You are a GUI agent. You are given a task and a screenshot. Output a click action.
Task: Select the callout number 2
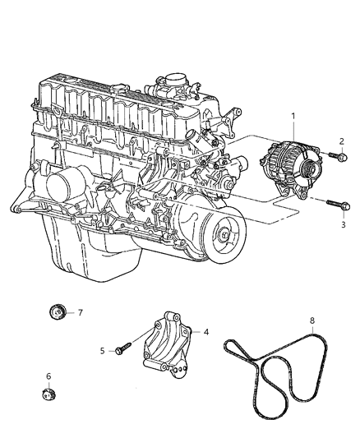click(x=340, y=141)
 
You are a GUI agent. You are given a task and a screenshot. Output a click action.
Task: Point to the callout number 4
click(x=206, y=332)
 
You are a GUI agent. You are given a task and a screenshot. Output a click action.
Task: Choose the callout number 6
click(x=48, y=376)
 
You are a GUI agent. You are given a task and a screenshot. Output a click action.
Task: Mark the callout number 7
click(x=81, y=312)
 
